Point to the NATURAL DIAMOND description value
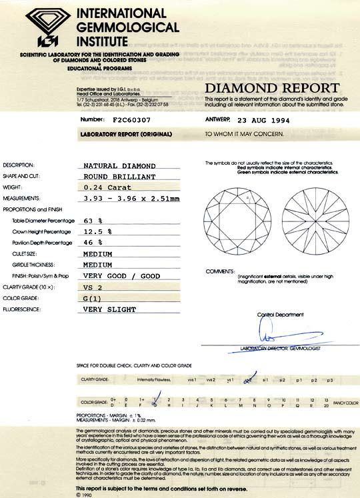[x=120, y=165]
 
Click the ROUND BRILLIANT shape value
[x=120, y=177]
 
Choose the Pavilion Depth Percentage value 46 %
[x=93, y=242]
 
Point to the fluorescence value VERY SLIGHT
[x=109, y=309]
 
